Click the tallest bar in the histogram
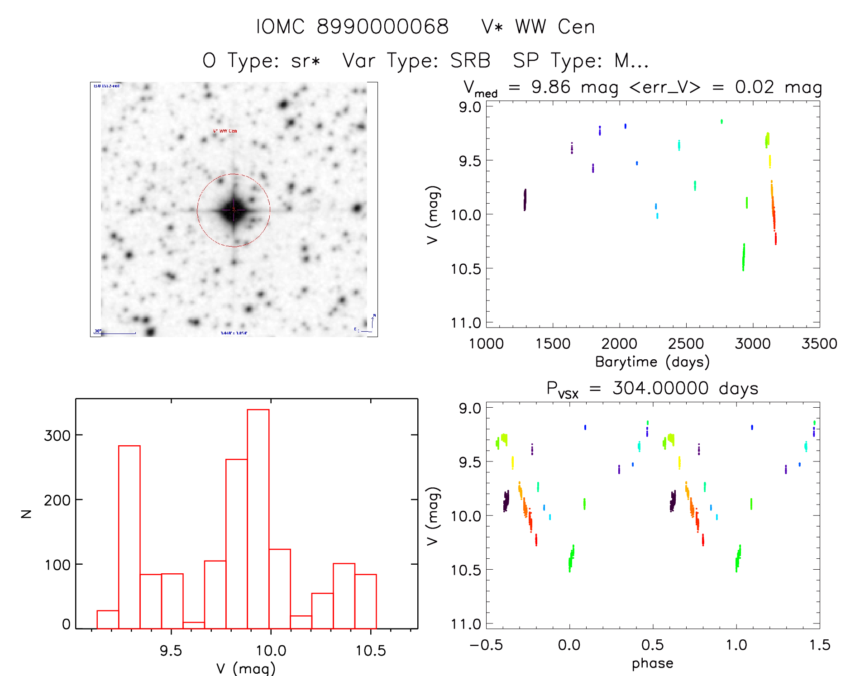(258, 519)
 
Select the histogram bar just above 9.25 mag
(129, 537)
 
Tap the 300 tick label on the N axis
(57, 435)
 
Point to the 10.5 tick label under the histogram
(371, 651)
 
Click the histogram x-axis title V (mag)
(245, 668)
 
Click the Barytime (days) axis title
(652, 362)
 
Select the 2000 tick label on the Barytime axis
(619, 343)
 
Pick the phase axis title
(652, 663)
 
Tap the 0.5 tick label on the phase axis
(653, 645)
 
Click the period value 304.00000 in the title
(660, 388)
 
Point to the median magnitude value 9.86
(550, 87)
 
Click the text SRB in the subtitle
(470, 61)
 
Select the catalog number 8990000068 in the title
(382, 27)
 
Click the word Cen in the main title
(576, 27)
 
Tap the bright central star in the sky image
(234, 210)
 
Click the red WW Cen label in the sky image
(225, 131)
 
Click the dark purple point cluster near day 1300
(525, 200)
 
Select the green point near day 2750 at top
(721, 121)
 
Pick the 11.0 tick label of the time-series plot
(466, 323)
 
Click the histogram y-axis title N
(27, 514)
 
